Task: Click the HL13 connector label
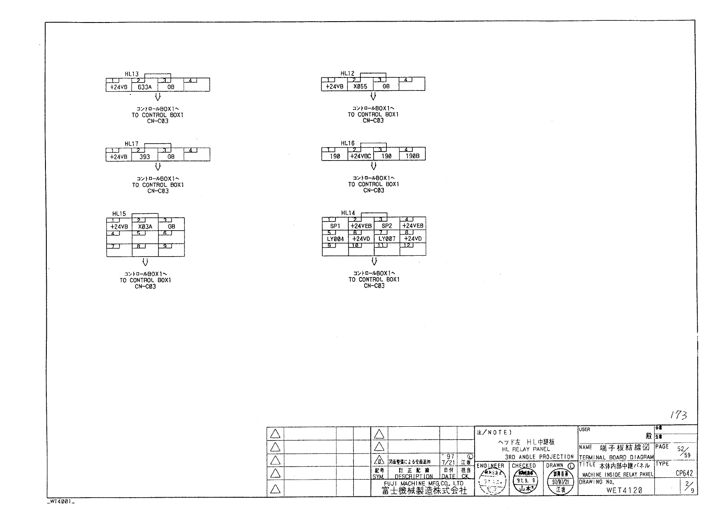click(132, 74)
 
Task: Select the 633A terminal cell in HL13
click(145, 87)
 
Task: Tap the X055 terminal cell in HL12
click(360, 87)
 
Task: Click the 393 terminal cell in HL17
click(145, 157)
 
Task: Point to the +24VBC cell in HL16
click(361, 157)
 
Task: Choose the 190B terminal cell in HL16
click(412, 157)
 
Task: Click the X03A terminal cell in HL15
click(145, 227)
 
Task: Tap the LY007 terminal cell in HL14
click(387, 239)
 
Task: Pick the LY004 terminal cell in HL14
click(335, 239)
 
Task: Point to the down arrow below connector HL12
click(373, 97)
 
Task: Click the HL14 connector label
click(348, 213)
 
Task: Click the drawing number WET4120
click(624, 490)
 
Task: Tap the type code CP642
click(684, 473)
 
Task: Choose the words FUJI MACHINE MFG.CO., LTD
click(424, 483)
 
